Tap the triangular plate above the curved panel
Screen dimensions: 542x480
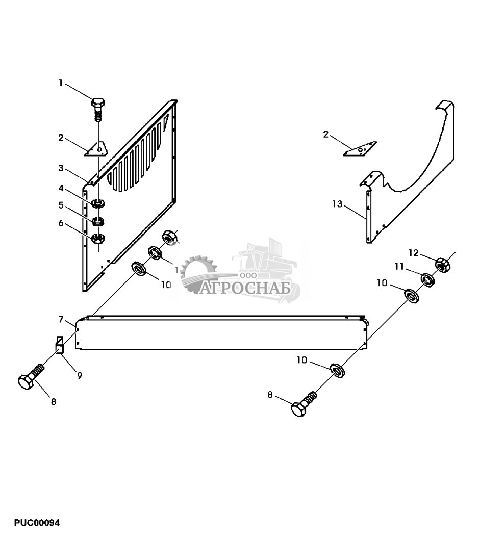click(361, 150)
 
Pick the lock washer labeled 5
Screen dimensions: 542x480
click(98, 221)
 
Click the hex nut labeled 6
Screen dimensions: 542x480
click(98, 238)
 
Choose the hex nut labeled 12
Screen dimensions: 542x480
click(442, 264)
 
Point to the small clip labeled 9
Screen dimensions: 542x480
click(59, 345)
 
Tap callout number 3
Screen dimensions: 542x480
click(61, 168)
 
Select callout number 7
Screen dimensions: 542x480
click(61, 319)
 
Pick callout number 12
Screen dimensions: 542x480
click(413, 252)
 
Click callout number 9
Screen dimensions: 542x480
click(80, 376)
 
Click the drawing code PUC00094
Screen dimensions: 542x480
click(37, 523)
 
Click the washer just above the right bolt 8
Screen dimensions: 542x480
click(336, 369)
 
